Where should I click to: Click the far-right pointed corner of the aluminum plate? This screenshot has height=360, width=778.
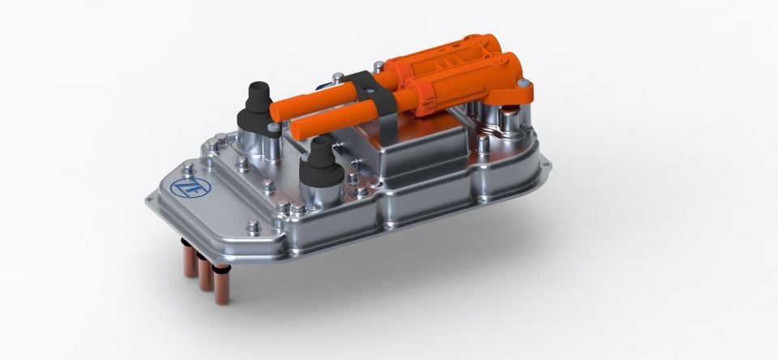(549, 169)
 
